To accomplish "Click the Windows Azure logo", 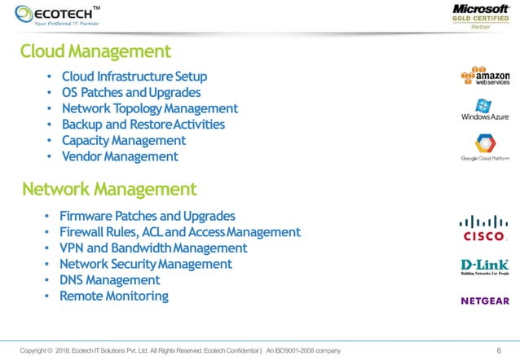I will click(485, 110).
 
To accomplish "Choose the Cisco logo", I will click(485, 229).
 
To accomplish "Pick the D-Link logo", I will click(485, 267).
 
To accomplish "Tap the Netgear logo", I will click(485, 301).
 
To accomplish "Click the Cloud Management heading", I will click(95, 52).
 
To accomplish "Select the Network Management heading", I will click(109, 190).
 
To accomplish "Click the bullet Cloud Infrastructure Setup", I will click(134, 77).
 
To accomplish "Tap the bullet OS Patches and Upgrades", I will click(130, 93).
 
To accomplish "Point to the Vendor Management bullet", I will click(119, 156).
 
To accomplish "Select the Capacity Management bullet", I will click(123, 140).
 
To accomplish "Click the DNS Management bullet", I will click(114, 280).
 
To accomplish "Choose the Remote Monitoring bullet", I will click(113, 296).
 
